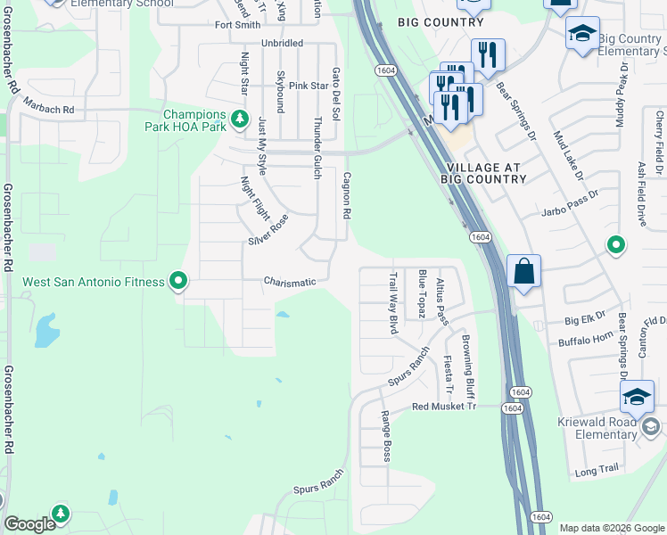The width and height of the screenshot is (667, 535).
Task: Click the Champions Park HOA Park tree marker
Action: click(x=239, y=118)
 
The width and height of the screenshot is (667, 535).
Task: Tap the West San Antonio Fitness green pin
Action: click(x=178, y=282)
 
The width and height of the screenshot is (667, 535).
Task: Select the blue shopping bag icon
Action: click(x=523, y=271)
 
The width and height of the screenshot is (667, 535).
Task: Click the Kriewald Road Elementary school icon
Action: click(x=638, y=397)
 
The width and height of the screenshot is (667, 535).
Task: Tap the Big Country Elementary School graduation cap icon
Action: click(x=582, y=34)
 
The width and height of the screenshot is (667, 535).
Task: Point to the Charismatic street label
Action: click(x=290, y=282)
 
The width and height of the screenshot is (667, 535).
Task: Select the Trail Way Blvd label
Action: click(x=391, y=303)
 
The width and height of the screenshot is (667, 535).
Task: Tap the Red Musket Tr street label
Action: click(x=445, y=407)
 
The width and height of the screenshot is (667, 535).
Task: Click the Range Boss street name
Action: click(x=386, y=436)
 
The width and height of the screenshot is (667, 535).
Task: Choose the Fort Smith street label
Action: click(x=237, y=25)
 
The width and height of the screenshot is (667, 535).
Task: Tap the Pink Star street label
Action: click(x=309, y=86)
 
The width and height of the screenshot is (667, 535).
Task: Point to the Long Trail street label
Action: click(x=597, y=470)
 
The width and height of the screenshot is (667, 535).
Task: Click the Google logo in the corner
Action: click(x=29, y=524)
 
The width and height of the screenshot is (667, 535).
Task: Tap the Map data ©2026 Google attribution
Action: click(x=611, y=528)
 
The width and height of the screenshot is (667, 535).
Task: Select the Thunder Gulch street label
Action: click(x=317, y=147)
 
